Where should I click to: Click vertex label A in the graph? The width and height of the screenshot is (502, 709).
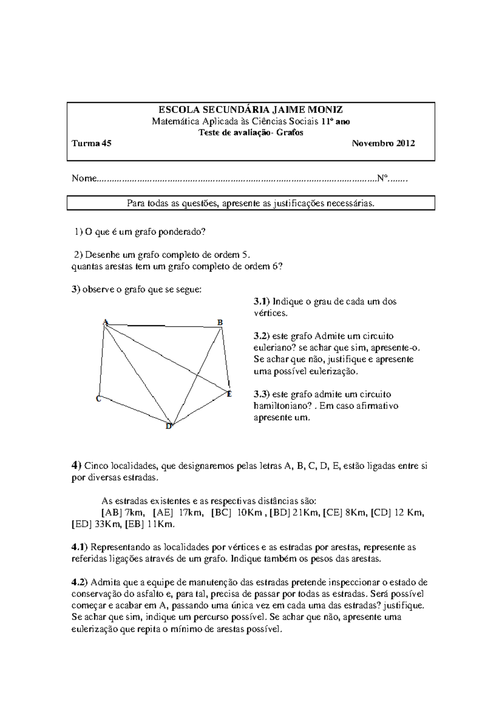[x=105, y=322]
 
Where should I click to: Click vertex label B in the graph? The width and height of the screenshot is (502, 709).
[x=220, y=322]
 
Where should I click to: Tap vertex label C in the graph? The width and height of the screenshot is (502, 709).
[x=98, y=399]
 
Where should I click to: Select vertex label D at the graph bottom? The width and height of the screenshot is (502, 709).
[x=169, y=426]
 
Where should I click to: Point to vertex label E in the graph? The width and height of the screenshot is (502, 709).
[x=229, y=393]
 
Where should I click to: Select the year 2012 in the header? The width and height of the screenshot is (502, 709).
[x=405, y=143]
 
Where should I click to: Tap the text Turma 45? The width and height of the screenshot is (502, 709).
[x=92, y=143]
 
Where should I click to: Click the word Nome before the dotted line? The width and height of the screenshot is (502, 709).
[x=84, y=179]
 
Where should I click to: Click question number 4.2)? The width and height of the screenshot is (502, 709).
[x=80, y=582]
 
